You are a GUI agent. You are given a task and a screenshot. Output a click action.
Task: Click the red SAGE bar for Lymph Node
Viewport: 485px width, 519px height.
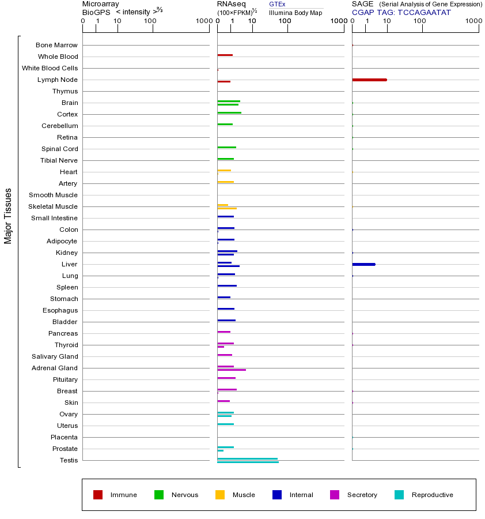[369, 80]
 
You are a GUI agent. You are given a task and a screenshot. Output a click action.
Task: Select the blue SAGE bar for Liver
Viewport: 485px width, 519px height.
[363, 264]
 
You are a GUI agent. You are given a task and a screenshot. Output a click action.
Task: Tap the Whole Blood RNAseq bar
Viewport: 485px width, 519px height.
[225, 55]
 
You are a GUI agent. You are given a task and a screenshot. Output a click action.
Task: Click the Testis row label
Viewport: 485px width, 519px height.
[69, 460]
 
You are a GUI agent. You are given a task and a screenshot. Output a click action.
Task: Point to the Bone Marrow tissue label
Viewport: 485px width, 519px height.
[56, 45]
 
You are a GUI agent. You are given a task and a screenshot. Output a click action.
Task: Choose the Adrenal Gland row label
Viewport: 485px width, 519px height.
[55, 368]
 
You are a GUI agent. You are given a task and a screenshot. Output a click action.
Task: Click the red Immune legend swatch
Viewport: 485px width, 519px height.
[98, 495]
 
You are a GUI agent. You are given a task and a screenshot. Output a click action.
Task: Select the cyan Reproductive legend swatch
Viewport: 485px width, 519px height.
[399, 495]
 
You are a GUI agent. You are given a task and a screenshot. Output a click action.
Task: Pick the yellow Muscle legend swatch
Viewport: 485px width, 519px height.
[220, 495]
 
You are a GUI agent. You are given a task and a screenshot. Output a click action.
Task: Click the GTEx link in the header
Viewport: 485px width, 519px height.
[277, 4]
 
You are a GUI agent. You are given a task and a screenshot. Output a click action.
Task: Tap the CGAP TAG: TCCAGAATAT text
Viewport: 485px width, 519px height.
[401, 12]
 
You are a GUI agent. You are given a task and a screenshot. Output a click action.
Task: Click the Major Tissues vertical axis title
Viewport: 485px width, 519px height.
[8, 216]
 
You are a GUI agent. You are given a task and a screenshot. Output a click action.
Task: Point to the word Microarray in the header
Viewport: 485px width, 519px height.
[101, 4]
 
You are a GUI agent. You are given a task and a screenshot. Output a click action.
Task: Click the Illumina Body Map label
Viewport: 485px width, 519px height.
[295, 12]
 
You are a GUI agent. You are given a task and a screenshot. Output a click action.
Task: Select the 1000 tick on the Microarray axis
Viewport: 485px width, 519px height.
[203, 21]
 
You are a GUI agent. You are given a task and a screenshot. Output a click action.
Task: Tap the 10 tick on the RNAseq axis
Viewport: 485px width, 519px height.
[252, 21]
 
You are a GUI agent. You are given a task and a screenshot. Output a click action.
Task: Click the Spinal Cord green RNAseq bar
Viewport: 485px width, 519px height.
[226, 148]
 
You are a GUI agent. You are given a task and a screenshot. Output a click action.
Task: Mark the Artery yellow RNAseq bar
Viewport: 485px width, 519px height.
[225, 182]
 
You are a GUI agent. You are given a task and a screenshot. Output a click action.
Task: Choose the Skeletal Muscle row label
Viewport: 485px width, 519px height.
[53, 206]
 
